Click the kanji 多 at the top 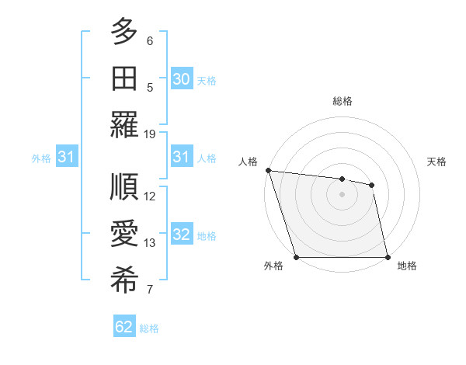tap(124, 32)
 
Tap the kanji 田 tap(124, 78)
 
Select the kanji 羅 tap(124, 125)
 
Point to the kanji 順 tap(124, 187)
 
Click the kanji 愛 tap(124, 234)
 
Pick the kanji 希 tap(124, 280)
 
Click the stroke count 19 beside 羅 tap(150, 134)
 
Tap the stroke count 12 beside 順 tap(150, 196)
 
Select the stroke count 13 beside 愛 tap(150, 243)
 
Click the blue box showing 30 tap(182, 79)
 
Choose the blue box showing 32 tap(182, 235)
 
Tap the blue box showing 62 tap(124, 327)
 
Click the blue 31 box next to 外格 tap(66, 158)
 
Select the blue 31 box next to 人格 tap(182, 158)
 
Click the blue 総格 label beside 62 tap(149, 328)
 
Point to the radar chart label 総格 tap(343, 101)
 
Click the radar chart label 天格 tap(436, 162)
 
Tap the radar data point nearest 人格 tap(268, 170)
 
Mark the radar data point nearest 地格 tap(387, 256)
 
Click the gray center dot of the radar tap(342, 194)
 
